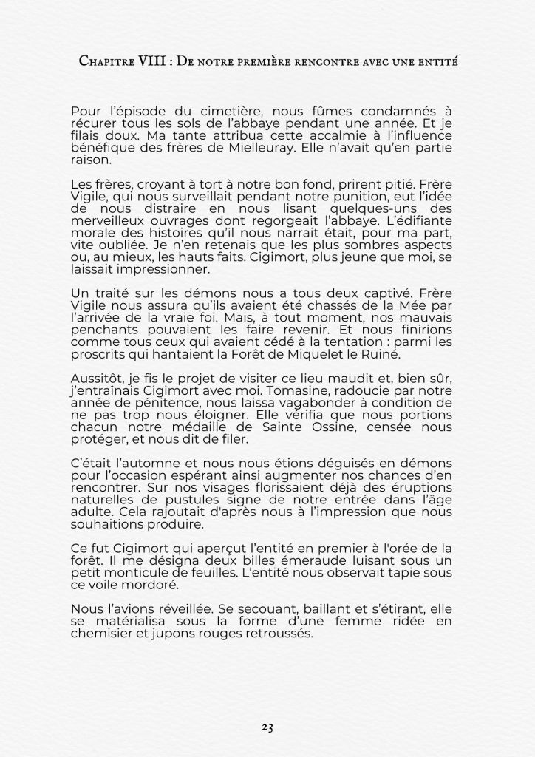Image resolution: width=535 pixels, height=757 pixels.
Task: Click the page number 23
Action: [x=267, y=727]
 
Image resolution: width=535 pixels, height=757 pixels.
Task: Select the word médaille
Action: [x=195, y=426]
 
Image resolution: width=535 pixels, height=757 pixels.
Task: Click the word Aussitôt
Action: [x=98, y=378]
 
